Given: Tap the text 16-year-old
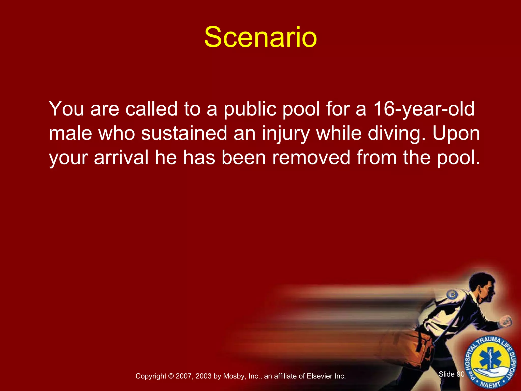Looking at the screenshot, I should pyautogui.click(x=424, y=109).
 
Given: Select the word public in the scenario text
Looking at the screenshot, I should pyautogui.click(x=250, y=109).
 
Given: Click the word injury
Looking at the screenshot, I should pyautogui.click(x=286, y=133).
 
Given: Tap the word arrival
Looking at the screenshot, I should pyautogui.click(x=121, y=157).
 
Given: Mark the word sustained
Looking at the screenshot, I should pyautogui.click(x=184, y=133).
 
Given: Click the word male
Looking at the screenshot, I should pyautogui.click(x=70, y=133).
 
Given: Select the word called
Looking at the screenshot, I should pyautogui.click(x=151, y=109).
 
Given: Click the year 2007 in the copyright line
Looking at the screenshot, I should pyautogui.click(x=184, y=376).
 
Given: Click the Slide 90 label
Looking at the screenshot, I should pyautogui.click(x=452, y=374).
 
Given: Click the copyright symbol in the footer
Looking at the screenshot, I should pyautogui.click(x=171, y=376).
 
